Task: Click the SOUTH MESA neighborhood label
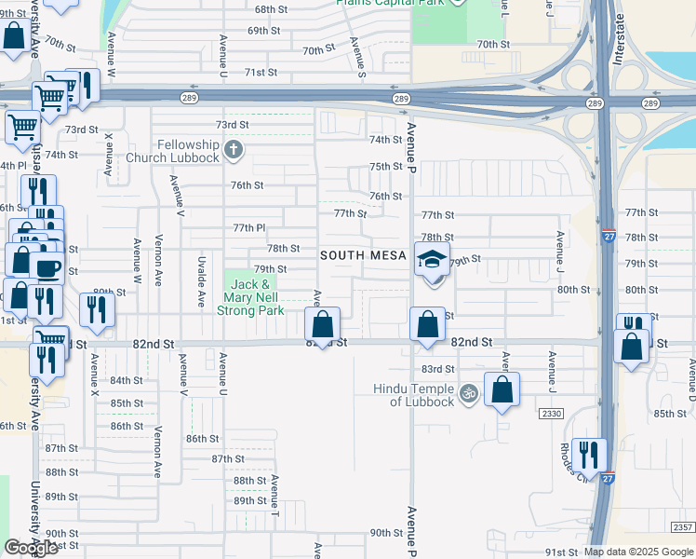[363, 255]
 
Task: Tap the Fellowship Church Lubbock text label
[188, 150]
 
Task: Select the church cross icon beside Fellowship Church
[233, 147]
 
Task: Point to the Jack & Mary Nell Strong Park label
[250, 297]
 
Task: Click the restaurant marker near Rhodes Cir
[589, 455]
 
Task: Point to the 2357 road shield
[682, 527]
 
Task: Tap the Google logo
[31, 548]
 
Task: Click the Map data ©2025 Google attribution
[638, 552]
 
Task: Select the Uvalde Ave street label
[201, 283]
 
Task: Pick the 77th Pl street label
[249, 227]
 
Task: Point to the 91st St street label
[562, 552]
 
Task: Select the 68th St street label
[271, 8]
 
